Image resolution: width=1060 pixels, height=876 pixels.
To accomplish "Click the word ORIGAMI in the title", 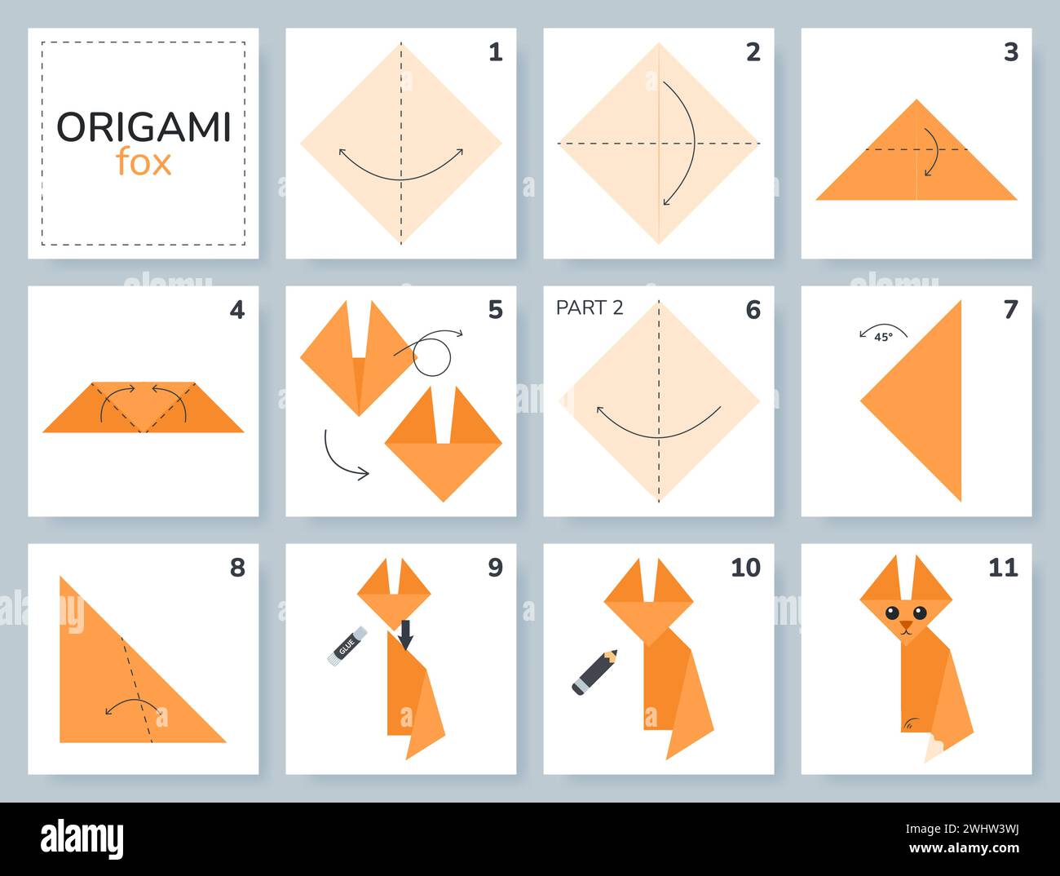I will tap(144, 126).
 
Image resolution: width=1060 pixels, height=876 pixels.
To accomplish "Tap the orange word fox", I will tap(144, 162).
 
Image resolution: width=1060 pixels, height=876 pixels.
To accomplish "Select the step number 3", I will tap(1011, 52).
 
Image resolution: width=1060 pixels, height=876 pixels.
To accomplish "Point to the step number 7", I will tap(1011, 310).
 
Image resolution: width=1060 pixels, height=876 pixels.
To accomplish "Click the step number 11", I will tap(1003, 568).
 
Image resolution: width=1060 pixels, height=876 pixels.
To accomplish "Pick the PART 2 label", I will tap(590, 307).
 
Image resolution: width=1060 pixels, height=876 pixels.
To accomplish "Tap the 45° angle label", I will tap(883, 336).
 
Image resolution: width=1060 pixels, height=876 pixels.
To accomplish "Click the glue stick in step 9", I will tap(347, 646).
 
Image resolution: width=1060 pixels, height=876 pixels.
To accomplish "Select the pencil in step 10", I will tap(594, 671).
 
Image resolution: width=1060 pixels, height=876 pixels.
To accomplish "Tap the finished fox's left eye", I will tap(892, 613).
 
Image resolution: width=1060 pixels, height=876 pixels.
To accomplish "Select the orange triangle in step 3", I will tap(916, 163).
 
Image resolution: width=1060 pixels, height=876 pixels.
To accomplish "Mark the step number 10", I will tap(745, 568).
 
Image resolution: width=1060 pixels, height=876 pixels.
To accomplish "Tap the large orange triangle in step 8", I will tap(114, 685).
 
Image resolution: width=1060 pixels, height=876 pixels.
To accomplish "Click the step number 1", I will tap(496, 52).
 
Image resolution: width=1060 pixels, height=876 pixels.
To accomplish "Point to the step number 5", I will tap(496, 310).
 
